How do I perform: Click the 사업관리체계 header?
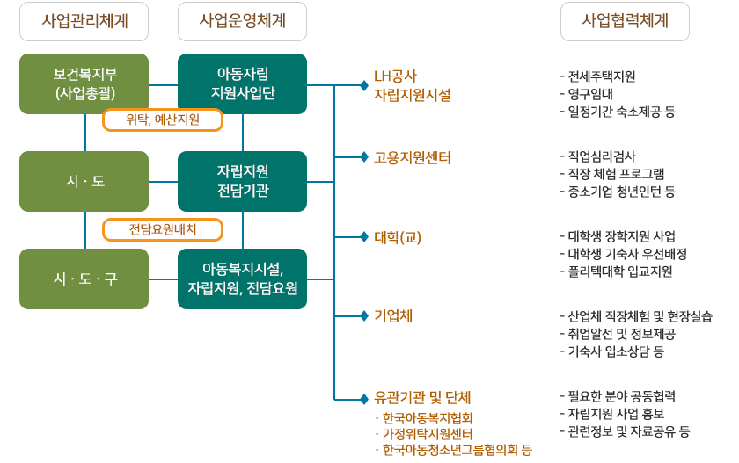click(x=84, y=22)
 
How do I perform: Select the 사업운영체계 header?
click(x=242, y=22)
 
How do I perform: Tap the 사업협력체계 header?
click(x=625, y=22)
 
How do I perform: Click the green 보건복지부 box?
click(x=84, y=83)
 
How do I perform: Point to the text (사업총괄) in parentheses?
click(x=84, y=92)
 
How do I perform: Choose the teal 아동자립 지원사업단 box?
click(x=242, y=83)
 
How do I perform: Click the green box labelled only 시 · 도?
click(x=84, y=181)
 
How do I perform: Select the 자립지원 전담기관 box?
click(x=242, y=181)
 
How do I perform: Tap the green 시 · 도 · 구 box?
click(x=84, y=279)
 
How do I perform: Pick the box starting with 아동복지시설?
click(x=242, y=279)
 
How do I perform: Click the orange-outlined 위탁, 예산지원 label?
click(x=163, y=120)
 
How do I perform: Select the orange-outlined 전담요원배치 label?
click(x=163, y=230)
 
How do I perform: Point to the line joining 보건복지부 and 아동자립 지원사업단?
click(x=163, y=84)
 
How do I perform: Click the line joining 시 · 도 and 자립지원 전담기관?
click(x=163, y=182)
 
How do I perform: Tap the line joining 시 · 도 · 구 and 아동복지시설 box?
click(x=163, y=279)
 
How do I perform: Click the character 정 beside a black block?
click(x=681, y=254)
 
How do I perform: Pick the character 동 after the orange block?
click(x=527, y=450)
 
